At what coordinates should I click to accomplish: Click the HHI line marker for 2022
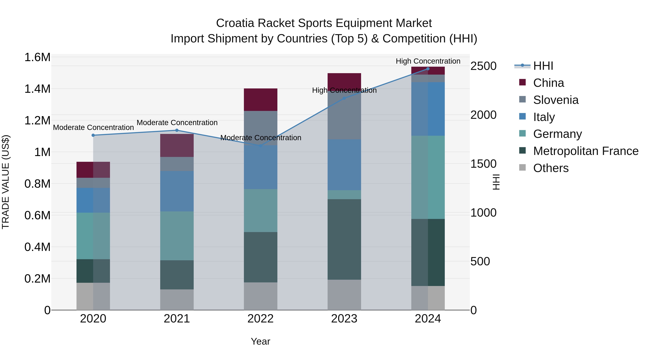(x=261, y=146)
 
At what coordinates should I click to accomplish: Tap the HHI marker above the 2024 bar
(x=428, y=69)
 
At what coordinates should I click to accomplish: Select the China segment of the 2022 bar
(x=261, y=100)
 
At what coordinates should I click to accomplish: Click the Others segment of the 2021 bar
(x=177, y=299)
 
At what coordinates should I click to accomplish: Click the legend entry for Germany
(x=557, y=134)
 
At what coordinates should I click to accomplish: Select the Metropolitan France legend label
(x=586, y=151)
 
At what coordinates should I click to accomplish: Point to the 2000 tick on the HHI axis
(x=483, y=115)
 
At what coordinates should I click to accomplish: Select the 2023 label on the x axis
(x=344, y=319)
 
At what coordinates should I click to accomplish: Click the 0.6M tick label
(x=37, y=215)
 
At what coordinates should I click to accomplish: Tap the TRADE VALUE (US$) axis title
(x=6, y=182)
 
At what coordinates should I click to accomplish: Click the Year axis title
(x=260, y=341)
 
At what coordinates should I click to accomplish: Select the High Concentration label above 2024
(x=428, y=61)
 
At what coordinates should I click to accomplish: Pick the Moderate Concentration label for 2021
(x=177, y=123)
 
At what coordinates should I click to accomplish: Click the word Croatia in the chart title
(x=235, y=23)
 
